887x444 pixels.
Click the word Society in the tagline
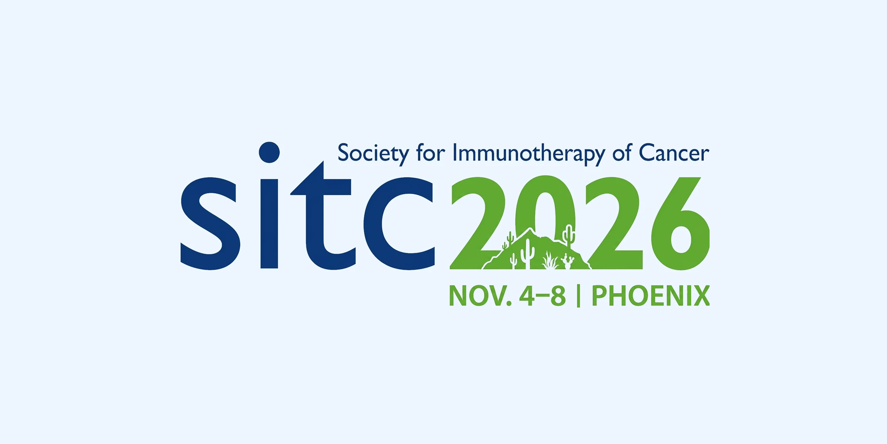[x=373, y=153]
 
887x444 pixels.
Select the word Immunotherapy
[x=529, y=153]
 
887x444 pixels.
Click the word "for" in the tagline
[x=431, y=152]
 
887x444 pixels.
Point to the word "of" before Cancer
[x=622, y=152]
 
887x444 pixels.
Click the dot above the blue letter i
[x=269, y=152]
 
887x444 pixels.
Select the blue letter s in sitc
[x=210, y=224]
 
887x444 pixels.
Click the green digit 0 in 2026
[x=546, y=200]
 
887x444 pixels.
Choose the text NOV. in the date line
[x=480, y=296]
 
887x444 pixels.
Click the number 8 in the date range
[x=558, y=296]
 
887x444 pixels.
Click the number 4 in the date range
[x=527, y=296]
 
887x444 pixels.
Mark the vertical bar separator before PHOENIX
[x=578, y=296]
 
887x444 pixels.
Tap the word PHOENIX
[x=650, y=296]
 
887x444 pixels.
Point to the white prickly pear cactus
[x=568, y=261]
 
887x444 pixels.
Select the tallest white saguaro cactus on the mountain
[x=527, y=254]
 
